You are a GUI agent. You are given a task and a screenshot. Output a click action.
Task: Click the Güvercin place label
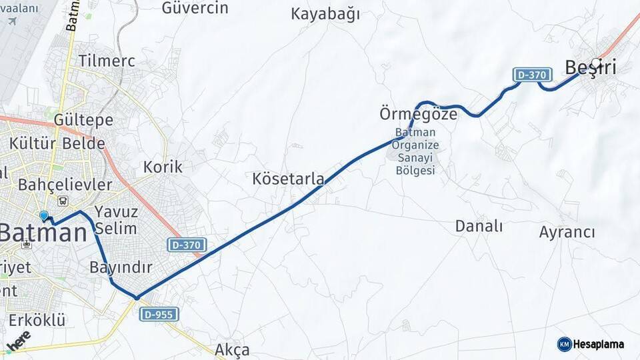click(x=195, y=8)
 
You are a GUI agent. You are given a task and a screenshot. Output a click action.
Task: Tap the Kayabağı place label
click(x=325, y=14)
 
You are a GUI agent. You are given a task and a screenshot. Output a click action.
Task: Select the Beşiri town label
click(x=590, y=67)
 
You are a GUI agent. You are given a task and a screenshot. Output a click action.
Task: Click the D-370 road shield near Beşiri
click(x=531, y=75)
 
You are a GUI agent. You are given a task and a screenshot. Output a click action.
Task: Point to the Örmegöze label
click(x=419, y=114)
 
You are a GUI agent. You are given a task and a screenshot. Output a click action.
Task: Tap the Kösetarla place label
click(x=289, y=179)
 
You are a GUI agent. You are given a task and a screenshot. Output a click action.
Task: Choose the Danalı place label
click(x=479, y=226)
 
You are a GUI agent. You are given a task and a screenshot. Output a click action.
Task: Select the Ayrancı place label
click(x=567, y=232)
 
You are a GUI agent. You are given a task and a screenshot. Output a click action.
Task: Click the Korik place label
click(x=163, y=166)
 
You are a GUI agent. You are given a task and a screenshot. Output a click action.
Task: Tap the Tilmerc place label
click(x=107, y=61)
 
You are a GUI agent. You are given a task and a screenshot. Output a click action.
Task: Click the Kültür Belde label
click(x=57, y=143)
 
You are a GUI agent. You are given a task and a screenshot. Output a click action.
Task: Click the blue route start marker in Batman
click(x=44, y=216)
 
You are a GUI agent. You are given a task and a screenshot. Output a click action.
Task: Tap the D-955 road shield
click(x=159, y=314)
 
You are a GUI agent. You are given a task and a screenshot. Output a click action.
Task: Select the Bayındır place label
click(x=121, y=268)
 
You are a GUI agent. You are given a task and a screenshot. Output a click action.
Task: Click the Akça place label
click(x=232, y=349)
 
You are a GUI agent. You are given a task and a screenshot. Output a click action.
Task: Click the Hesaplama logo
click(x=591, y=344)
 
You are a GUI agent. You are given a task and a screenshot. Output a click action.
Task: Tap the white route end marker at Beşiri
click(x=595, y=63)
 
